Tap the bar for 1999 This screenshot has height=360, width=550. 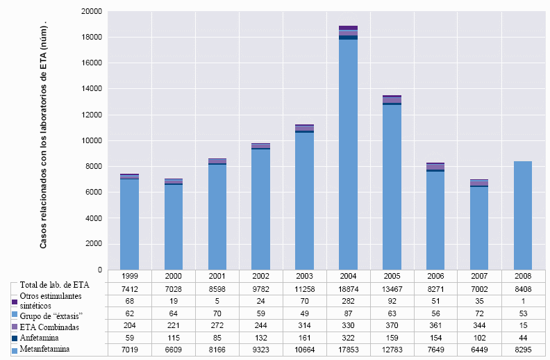(129, 222)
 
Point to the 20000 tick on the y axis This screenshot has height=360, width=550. (91, 12)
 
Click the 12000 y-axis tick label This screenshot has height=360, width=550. (91, 115)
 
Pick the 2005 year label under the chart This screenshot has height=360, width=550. (392, 276)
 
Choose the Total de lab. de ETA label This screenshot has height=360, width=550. (55, 284)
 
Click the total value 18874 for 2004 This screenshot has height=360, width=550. (348, 288)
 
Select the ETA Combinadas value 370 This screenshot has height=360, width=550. (392, 326)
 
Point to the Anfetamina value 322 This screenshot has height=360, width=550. (348, 338)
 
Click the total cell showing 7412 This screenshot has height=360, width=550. (129, 288)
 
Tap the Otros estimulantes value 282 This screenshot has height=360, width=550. (348, 301)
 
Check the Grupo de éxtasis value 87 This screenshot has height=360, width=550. (348, 313)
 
